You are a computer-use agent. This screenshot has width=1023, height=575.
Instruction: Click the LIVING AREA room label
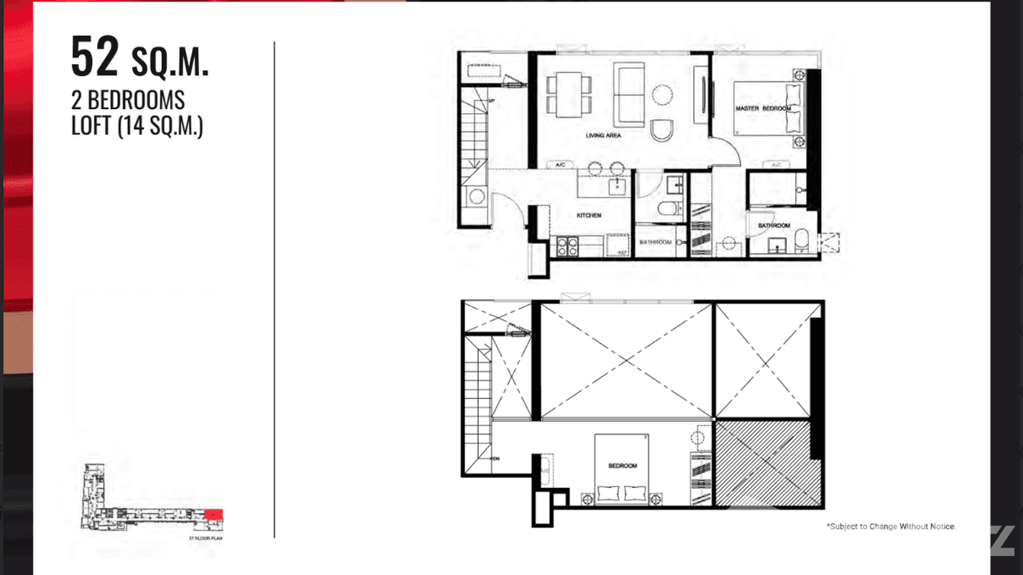[603, 136]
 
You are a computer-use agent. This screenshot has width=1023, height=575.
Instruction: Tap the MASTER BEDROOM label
[763, 109]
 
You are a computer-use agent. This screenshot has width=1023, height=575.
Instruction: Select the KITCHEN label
[588, 216]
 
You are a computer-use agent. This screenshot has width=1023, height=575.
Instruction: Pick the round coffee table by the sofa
[662, 94]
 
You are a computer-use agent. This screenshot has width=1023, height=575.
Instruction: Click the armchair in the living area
[662, 130]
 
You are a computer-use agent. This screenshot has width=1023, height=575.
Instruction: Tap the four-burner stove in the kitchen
[566, 246]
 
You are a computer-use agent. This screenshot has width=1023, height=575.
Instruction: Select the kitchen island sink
[617, 185]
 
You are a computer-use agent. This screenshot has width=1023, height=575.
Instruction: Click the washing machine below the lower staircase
[476, 197]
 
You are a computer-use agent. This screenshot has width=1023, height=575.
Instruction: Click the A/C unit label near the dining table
[560, 165]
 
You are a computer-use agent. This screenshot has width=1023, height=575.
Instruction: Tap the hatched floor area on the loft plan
[762, 464]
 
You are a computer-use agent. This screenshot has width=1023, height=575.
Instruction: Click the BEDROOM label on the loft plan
[622, 465]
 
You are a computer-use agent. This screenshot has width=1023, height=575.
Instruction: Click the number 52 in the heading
[95, 58]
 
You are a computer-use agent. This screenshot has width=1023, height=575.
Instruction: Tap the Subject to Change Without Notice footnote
[890, 526]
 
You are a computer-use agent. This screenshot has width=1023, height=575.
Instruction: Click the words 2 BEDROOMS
[128, 100]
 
